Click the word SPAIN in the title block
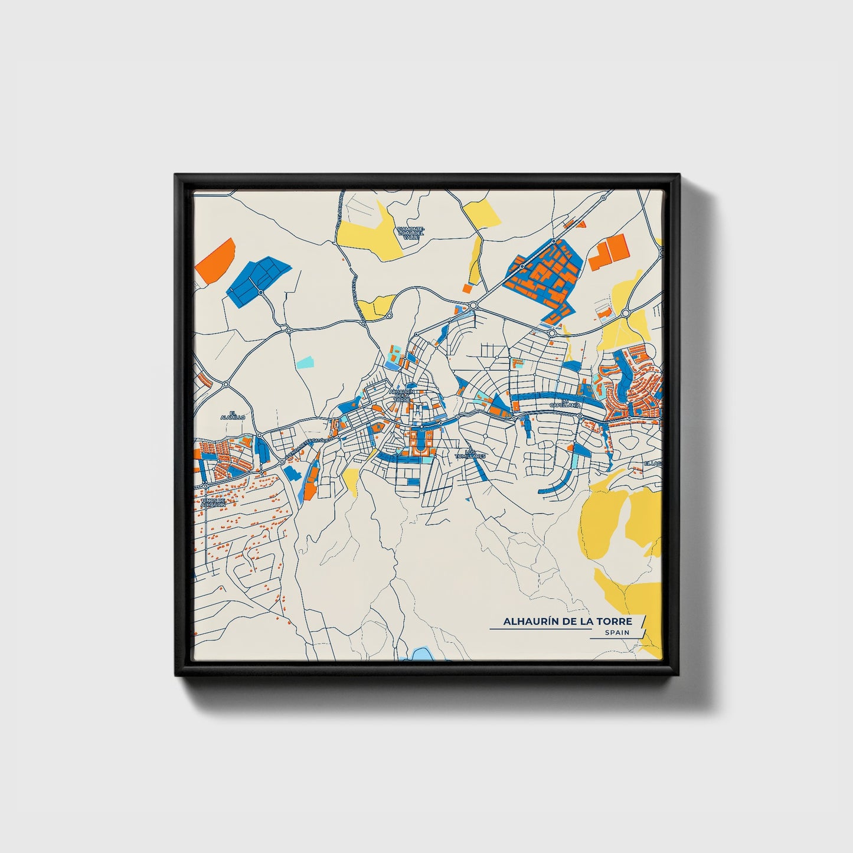pos(617,632)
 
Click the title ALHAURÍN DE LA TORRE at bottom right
pos(567,621)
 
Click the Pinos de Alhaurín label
pos(213,503)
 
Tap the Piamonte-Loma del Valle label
pos(411,232)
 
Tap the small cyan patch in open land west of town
pos(305,361)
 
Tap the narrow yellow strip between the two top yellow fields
pos(475,260)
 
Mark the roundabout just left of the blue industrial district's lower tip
pos(473,305)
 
